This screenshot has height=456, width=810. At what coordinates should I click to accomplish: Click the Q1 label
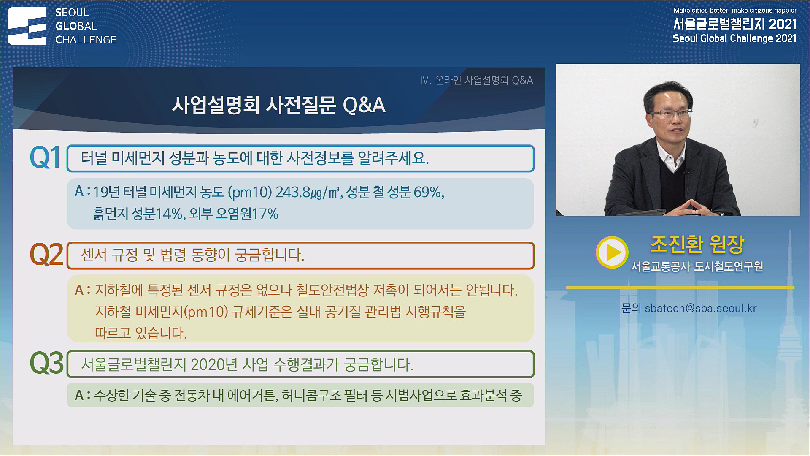45,158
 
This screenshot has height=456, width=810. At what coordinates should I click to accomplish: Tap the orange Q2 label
46,255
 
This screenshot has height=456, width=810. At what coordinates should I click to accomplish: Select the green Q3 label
46,364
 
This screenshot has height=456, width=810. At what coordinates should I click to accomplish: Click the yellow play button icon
612,252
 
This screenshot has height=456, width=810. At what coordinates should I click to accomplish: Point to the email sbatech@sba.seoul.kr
700,308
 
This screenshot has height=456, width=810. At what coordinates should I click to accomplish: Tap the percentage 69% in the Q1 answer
428,193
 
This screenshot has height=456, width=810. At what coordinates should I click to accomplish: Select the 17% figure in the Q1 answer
265,214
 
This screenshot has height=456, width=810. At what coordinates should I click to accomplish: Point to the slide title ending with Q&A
278,105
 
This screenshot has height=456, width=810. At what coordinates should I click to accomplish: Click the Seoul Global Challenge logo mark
27,26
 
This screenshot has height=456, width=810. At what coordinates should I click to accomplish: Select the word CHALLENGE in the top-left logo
86,40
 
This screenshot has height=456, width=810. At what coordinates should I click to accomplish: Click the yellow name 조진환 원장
697,244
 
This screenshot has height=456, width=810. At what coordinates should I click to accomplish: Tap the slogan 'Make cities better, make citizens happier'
734,10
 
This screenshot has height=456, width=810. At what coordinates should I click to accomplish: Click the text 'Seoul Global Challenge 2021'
734,38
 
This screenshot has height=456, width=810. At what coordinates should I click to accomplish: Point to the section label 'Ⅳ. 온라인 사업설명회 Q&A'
477,80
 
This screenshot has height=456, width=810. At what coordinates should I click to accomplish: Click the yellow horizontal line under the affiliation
679,288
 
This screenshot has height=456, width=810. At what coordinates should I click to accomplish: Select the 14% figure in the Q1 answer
170,214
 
